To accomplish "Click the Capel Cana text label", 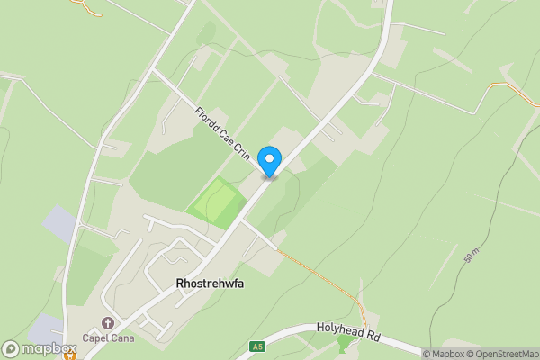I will point(109,339).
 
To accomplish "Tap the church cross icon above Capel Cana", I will point(109,323).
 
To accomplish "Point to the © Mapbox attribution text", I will point(444,354).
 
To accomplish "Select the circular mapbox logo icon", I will point(11,349).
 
